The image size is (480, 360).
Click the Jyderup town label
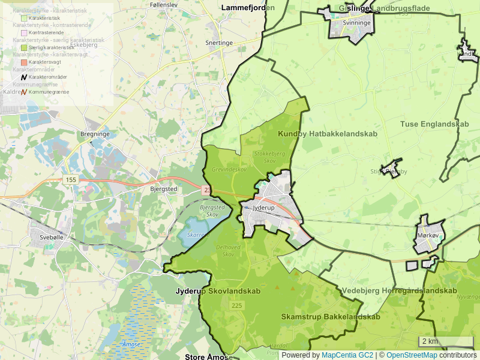[x=263, y=208]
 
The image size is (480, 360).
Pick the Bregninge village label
[x=95, y=134]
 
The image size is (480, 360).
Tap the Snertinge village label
[x=219, y=43]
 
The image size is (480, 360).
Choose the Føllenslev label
[x=164, y=5]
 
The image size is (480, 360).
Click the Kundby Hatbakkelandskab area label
[x=328, y=134]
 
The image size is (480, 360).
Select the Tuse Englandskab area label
[x=434, y=124]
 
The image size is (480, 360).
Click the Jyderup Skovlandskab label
[x=218, y=291]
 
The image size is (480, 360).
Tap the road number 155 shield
[x=71, y=180]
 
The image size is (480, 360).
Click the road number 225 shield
[x=236, y=306]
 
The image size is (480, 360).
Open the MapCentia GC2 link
[x=347, y=355]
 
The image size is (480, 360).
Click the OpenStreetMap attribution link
[x=412, y=355]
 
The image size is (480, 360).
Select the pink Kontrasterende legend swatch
[x=25, y=32]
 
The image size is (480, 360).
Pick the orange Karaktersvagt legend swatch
[x=25, y=62]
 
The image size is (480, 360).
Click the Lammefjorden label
[x=248, y=8]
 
